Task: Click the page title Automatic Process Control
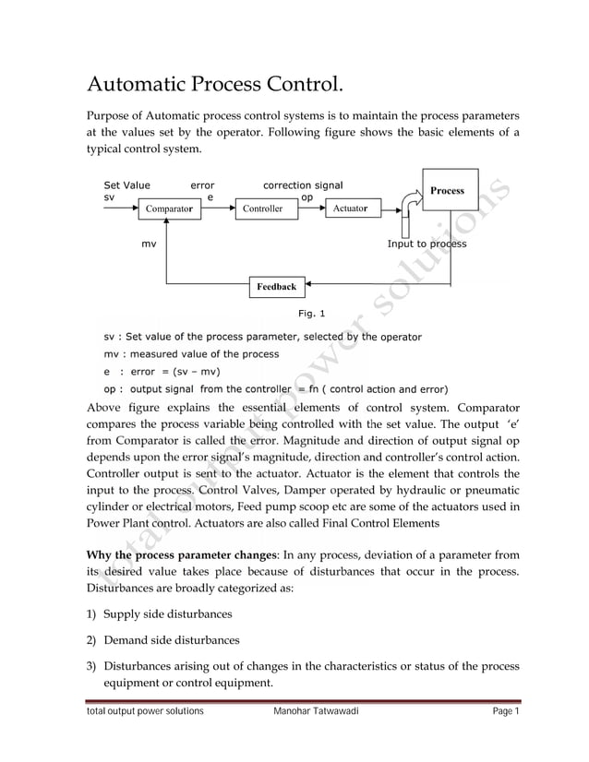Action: pos(214,87)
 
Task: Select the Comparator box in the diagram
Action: pos(168,209)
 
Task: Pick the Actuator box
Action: pos(350,209)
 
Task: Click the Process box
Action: pos(450,190)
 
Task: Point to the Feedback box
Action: pos(276,287)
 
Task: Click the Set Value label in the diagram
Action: pos(126,185)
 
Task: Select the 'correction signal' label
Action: pos(303,185)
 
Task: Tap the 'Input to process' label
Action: pos(427,244)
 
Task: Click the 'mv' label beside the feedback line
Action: pos(148,244)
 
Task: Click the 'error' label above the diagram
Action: pos(202,185)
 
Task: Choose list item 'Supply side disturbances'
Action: pos(167,613)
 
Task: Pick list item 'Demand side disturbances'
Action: pos(171,639)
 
